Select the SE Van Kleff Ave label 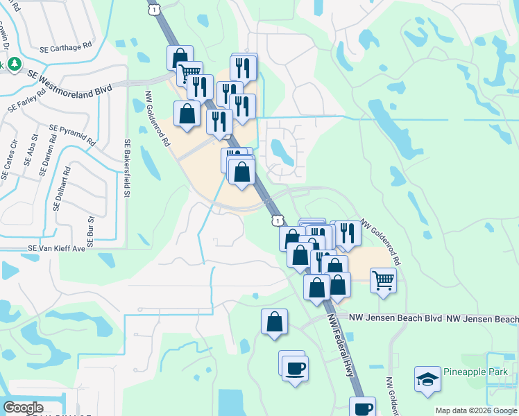[56, 248]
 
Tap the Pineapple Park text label [475, 372]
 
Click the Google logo [23, 408]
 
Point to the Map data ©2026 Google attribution [475, 410]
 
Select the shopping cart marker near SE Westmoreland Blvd [189, 72]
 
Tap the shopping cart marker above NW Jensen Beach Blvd [383, 281]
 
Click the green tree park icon [12, 64]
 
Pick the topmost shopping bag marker [180, 56]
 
